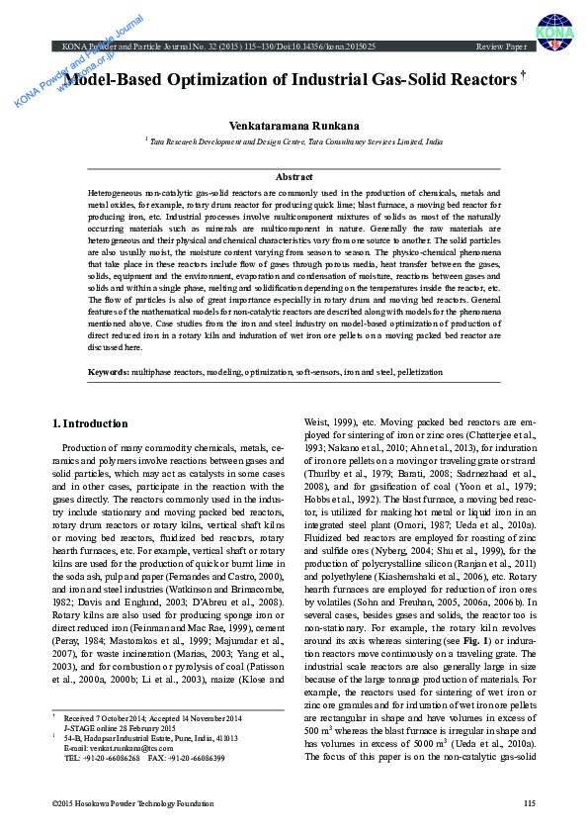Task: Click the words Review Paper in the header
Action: [x=501, y=46]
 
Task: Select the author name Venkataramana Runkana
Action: [x=294, y=126]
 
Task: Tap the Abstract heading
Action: [x=294, y=176]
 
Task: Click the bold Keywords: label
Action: [x=108, y=371]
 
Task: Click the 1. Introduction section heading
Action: [x=89, y=424]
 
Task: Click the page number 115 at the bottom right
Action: [x=529, y=803]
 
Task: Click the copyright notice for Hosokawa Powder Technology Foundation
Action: [x=132, y=803]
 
